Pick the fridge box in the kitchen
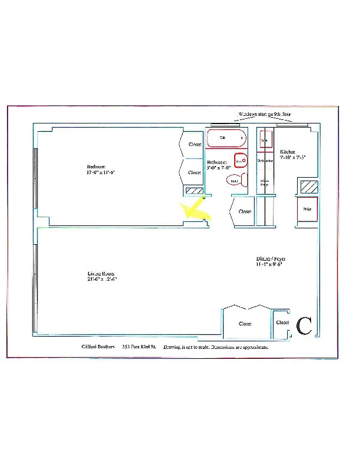(x=307, y=209)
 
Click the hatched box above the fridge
(x=309, y=188)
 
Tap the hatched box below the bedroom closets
(x=193, y=190)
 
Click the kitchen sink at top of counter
(x=264, y=140)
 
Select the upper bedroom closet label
(x=194, y=144)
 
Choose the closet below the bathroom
(x=244, y=211)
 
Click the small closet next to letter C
(x=283, y=323)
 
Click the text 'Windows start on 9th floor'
(x=264, y=115)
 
